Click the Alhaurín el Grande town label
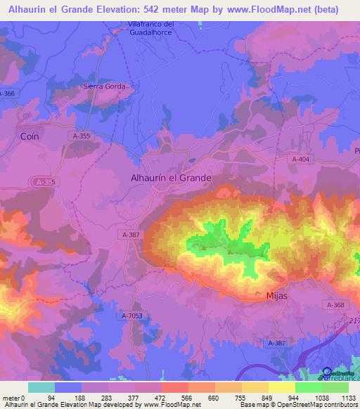point(171,178)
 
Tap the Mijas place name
point(278,297)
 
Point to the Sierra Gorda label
point(105,86)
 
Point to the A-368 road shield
point(335,304)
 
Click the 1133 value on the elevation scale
point(348,397)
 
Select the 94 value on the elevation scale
point(51,397)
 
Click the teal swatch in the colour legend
point(41,387)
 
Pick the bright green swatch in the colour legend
point(308,387)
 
